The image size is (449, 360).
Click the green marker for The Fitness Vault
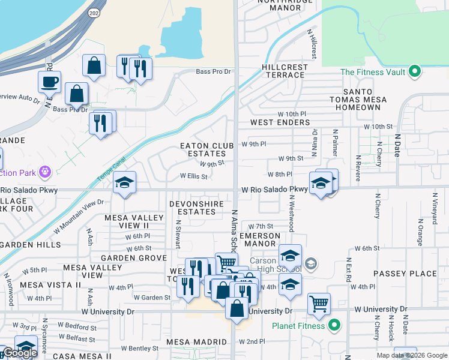coord(414,73)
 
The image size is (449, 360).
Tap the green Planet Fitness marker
coord(335,326)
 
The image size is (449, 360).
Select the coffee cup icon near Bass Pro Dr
coord(49,82)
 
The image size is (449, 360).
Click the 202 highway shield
coord(95,13)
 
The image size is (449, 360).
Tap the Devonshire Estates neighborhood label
coord(200,208)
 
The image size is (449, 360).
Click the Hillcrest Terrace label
coord(285,71)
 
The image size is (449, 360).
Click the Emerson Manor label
coord(260,240)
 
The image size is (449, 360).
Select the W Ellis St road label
coord(194,177)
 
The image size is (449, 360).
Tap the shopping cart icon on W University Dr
coord(319,303)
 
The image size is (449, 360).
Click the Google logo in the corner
coord(20,353)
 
